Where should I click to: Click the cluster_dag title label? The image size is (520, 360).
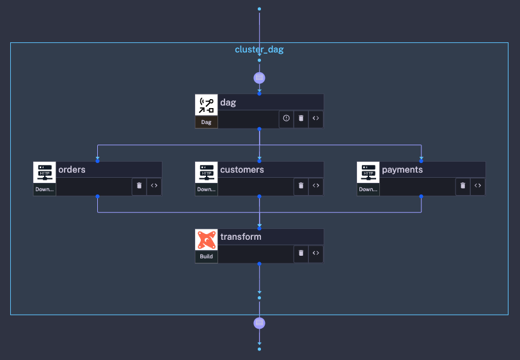[x=259, y=49]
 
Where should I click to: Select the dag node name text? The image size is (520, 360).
[x=228, y=102]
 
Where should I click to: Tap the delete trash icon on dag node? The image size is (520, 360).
[x=301, y=118]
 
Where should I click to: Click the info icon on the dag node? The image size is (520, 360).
[x=286, y=118]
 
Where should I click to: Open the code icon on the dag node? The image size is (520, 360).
[x=315, y=118]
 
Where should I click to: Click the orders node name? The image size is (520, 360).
[x=72, y=169]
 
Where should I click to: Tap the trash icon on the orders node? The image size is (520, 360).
[x=139, y=186]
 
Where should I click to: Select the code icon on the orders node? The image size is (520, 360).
[x=154, y=186]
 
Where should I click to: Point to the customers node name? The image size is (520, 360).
[x=242, y=169]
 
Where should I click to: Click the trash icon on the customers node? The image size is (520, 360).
[x=301, y=186]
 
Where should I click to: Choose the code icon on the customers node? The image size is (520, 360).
[x=315, y=186]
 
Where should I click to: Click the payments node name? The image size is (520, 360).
[x=402, y=169]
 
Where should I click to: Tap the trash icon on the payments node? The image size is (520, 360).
[x=462, y=186]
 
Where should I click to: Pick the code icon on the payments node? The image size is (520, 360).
[x=477, y=186]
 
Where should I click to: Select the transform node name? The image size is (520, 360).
[x=240, y=237]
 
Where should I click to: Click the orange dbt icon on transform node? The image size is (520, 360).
[x=206, y=240]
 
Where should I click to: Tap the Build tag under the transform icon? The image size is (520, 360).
[x=206, y=256]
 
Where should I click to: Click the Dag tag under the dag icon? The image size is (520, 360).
[x=206, y=122]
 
